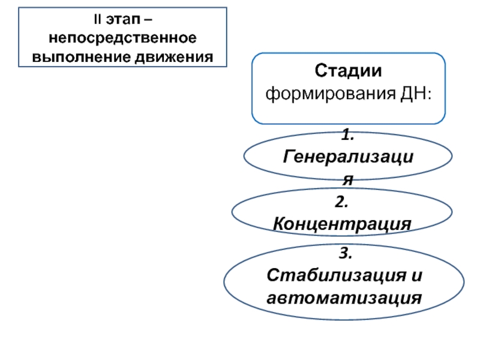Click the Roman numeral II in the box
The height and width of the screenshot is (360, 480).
tap(98, 19)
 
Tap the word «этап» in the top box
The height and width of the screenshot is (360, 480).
tap(123, 20)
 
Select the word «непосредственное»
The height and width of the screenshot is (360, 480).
tap(123, 38)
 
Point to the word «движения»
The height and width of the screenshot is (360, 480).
tap(174, 57)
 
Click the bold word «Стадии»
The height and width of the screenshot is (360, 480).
tap(349, 71)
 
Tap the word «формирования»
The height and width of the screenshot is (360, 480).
tap(331, 94)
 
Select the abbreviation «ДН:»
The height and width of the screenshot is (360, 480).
tap(416, 94)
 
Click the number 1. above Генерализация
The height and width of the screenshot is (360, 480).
tap(348, 134)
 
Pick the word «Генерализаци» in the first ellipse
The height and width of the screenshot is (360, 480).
tap(349, 157)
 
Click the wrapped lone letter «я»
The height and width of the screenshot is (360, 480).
tap(348, 179)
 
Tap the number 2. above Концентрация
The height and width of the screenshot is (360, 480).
tap(341, 202)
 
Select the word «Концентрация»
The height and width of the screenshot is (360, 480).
tap(342, 224)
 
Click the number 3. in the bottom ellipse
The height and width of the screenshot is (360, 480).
tap(346, 253)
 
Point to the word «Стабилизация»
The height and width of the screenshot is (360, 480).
tap(336, 275)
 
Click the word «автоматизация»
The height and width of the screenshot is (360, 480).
tap(344, 298)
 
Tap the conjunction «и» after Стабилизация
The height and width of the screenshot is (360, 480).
tap(416, 276)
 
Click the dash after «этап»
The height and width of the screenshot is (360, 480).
tap(148, 20)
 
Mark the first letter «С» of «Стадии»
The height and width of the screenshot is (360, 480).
tap(320, 71)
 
